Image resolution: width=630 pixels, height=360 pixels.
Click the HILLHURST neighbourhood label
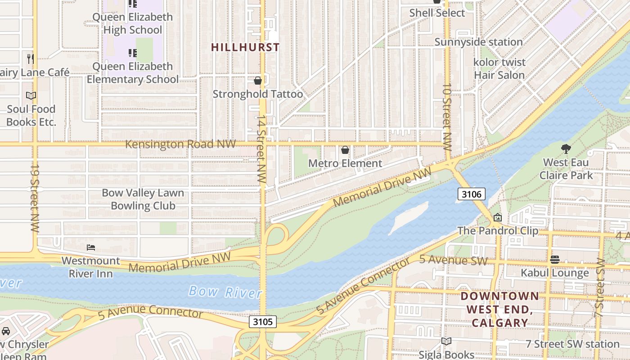tap(245, 47)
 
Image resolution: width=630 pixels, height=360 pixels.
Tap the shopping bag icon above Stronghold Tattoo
tap(258, 81)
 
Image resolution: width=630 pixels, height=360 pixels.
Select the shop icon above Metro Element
tap(345, 150)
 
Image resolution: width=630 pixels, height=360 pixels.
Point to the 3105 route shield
tap(263, 322)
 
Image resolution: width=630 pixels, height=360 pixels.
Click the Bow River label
tap(225, 292)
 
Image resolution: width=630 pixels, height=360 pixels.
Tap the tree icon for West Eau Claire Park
tap(566, 148)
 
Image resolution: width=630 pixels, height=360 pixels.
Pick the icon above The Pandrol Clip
tap(497, 218)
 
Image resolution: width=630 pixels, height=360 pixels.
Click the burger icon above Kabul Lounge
tap(554, 260)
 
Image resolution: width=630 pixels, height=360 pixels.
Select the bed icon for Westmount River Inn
tap(90, 247)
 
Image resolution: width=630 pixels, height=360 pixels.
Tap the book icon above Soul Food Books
tap(31, 96)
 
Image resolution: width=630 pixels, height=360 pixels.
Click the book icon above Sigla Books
tap(446, 342)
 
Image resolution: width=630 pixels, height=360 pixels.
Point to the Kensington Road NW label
tap(180, 144)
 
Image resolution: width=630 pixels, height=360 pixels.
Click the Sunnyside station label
tap(478, 42)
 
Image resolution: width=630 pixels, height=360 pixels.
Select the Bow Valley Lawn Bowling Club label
tap(143, 199)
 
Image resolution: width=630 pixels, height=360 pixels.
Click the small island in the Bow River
tap(407, 218)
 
